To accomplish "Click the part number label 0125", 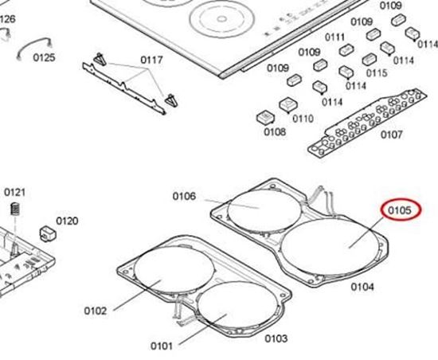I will pyautogui.click(x=44, y=57).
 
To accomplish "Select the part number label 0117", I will pyautogui.click(x=151, y=60).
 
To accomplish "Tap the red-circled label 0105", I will pyautogui.click(x=399, y=210).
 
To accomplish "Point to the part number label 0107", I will pyautogui.click(x=390, y=135).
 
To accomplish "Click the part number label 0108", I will pyautogui.click(x=274, y=131).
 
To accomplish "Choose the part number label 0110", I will pyautogui.click(x=303, y=119).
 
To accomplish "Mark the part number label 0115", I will pyautogui.click(x=377, y=72).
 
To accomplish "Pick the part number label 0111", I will pyautogui.click(x=334, y=37).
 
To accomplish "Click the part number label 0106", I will pyautogui.click(x=184, y=196).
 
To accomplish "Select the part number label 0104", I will pyautogui.click(x=362, y=285).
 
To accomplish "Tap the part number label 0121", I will pyautogui.click(x=15, y=192).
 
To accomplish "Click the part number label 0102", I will pyautogui.click(x=95, y=311).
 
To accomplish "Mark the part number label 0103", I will pyautogui.click(x=276, y=338).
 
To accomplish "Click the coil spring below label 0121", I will pyautogui.click(x=14, y=211).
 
